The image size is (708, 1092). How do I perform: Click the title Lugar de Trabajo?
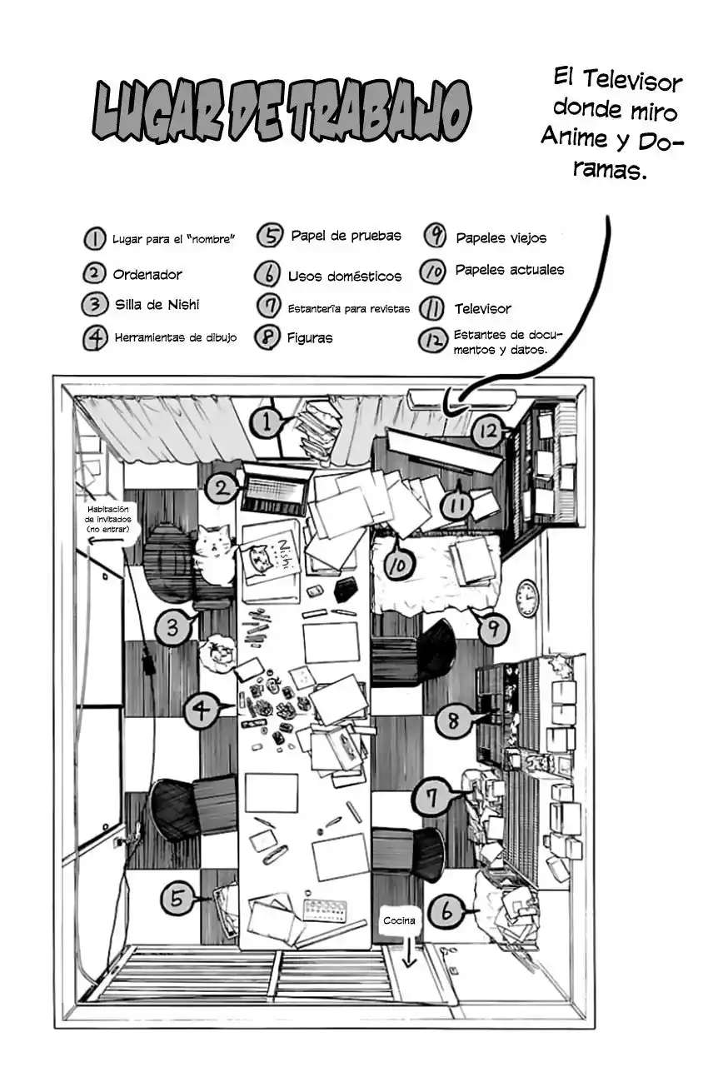coord(282,111)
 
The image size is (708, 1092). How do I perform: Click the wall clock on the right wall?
coord(526,598)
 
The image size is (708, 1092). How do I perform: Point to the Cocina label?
coord(399,920)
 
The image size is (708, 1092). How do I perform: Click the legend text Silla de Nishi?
coord(157,304)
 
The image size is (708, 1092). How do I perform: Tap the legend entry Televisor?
coord(482,309)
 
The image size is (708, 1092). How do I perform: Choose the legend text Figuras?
coord(309,338)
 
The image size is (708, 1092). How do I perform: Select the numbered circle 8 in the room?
coord(453,721)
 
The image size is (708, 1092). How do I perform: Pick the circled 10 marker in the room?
coord(399,566)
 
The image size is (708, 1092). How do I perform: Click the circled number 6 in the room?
coord(446,913)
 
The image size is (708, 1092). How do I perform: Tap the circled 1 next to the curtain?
coord(267,422)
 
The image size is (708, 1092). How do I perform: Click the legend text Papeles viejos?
coord(501,238)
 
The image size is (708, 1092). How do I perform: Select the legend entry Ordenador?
coord(147,274)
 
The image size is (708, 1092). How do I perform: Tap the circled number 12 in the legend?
coord(432,341)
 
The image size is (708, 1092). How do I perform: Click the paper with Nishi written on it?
coord(272,562)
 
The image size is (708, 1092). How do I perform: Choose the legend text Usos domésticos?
coord(344,276)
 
